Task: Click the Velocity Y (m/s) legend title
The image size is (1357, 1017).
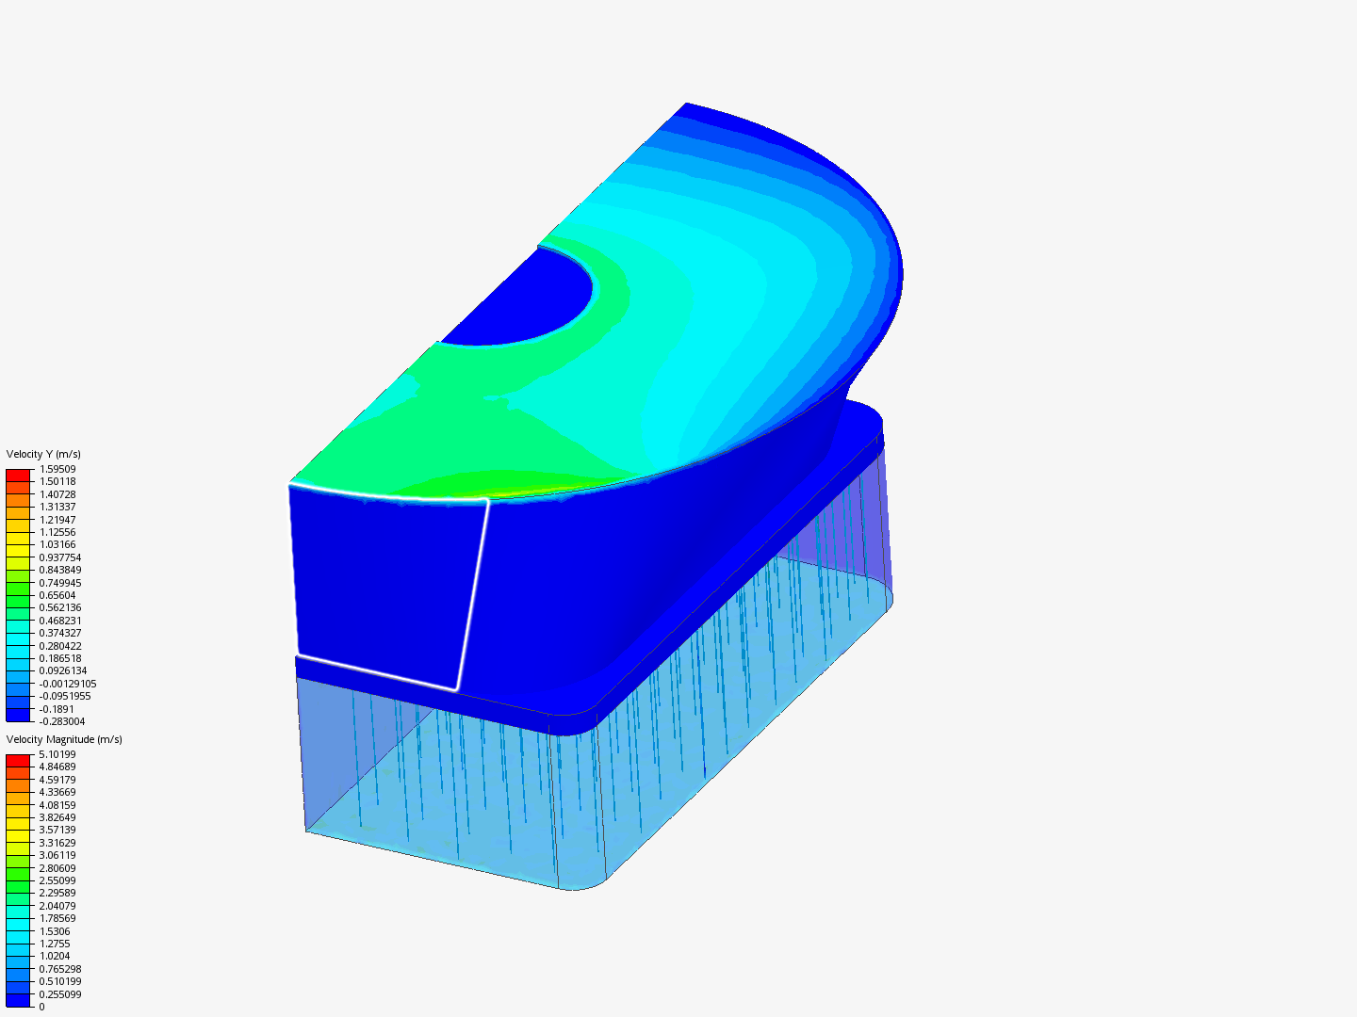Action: [x=43, y=454]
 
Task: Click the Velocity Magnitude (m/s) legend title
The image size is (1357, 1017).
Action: [x=64, y=739]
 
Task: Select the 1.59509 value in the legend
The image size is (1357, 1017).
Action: [x=57, y=469]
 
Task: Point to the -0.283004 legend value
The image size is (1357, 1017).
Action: [x=62, y=721]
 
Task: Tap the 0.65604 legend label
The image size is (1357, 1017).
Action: [x=57, y=595]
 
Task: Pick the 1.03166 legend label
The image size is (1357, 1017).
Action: [x=57, y=544]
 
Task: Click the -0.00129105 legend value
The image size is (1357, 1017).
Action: [x=68, y=684]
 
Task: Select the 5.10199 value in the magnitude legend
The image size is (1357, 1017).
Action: [x=57, y=754]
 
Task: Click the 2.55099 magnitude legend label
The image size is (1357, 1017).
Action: [x=57, y=880]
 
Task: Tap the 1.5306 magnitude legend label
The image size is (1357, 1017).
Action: [x=55, y=931]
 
